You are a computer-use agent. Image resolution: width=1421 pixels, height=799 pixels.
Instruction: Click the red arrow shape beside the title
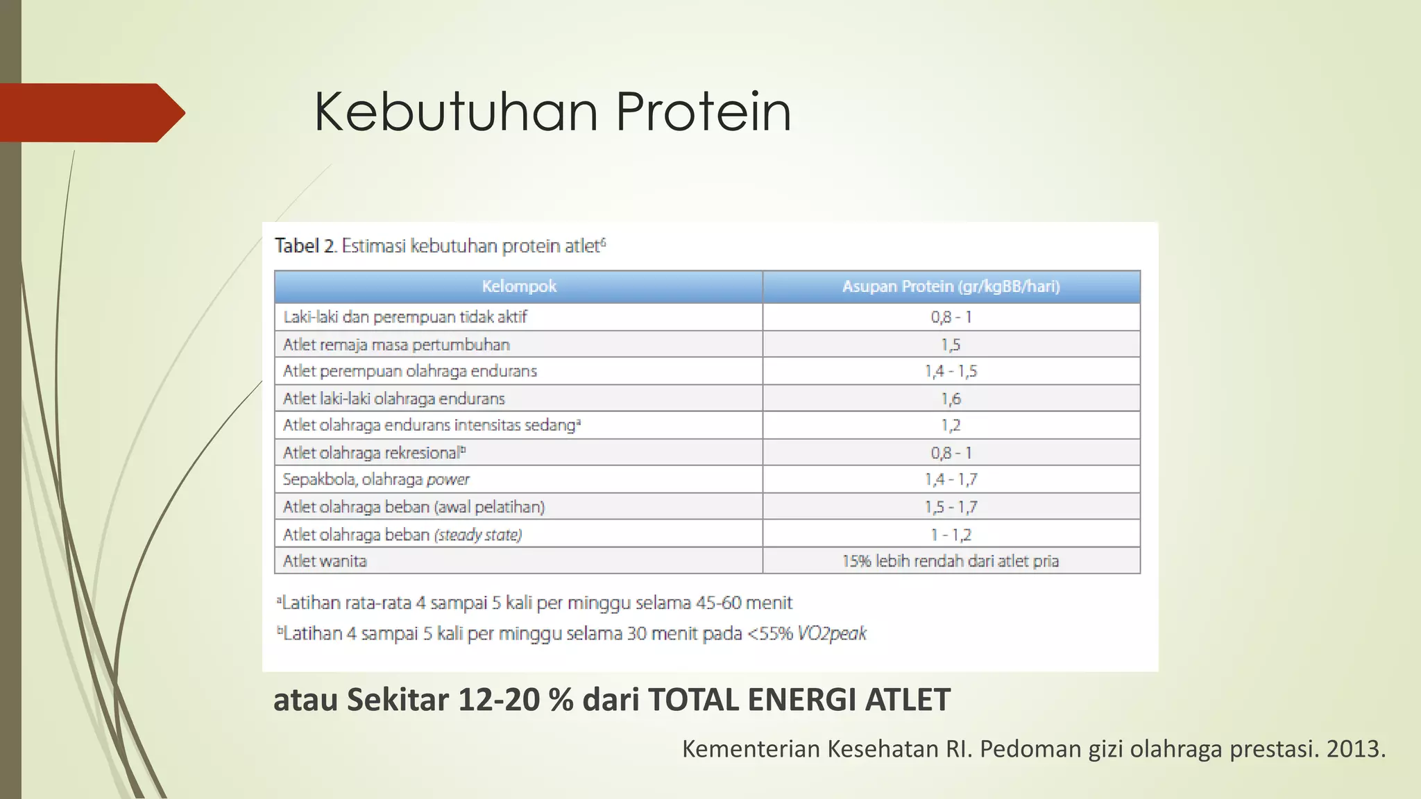(90, 112)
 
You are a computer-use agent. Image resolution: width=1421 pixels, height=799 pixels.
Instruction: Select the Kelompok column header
(519, 286)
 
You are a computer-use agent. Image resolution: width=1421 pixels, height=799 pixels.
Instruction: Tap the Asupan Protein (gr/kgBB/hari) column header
(951, 286)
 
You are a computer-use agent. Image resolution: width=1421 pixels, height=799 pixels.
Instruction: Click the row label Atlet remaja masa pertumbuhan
(396, 345)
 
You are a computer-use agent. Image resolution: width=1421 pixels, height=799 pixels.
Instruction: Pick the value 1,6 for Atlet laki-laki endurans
(951, 399)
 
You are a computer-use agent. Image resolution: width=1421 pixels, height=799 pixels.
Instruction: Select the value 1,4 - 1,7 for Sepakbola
(951, 479)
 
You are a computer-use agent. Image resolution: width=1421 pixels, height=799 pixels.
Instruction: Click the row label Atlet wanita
(325, 561)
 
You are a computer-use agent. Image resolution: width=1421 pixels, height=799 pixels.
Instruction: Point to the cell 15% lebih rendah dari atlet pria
(951, 561)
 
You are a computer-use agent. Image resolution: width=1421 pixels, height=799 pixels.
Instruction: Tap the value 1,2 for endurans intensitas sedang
(951, 425)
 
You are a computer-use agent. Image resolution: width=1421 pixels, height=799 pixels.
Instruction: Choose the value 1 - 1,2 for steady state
(951, 535)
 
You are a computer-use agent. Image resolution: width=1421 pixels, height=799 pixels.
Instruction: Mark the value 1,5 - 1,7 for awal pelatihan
(951, 507)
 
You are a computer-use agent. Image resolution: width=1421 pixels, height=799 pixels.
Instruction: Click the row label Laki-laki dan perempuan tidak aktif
(405, 317)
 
